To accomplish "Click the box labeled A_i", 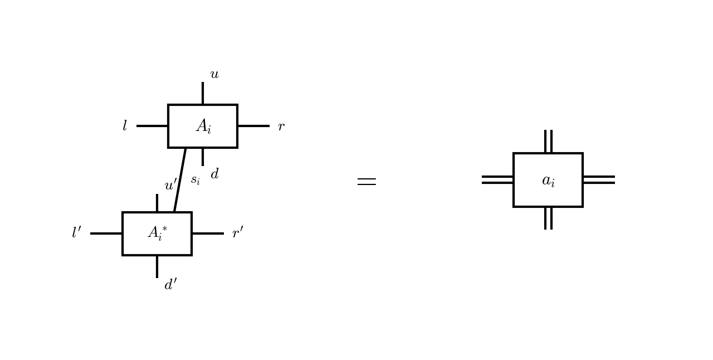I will click(x=203, y=127).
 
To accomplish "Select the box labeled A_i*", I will click(x=157, y=233).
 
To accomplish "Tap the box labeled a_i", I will click(x=548, y=180).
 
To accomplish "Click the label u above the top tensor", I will click(x=214, y=75).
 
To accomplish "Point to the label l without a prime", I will click(x=125, y=127).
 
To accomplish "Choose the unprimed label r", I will click(x=281, y=127).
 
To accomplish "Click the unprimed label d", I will click(x=214, y=174).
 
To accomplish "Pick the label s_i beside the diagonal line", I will click(x=195, y=180).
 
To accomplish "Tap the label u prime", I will click(x=170, y=185).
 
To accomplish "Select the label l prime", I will click(x=76, y=233).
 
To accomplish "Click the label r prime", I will click(x=238, y=233).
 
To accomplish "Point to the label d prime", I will click(x=170, y=285).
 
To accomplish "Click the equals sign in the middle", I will click(x=367, y=182).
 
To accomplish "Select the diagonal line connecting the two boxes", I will click(x=180, y=180).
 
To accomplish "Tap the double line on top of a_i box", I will click(x=549, y=142).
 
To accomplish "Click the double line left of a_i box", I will click(x=497, y=179).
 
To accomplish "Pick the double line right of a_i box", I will click(x=599, y=179).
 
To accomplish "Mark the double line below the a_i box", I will click(x=549, y=218).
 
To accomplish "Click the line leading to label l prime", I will click(x=106, y=233).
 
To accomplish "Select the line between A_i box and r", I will click(x=253, y=126).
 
